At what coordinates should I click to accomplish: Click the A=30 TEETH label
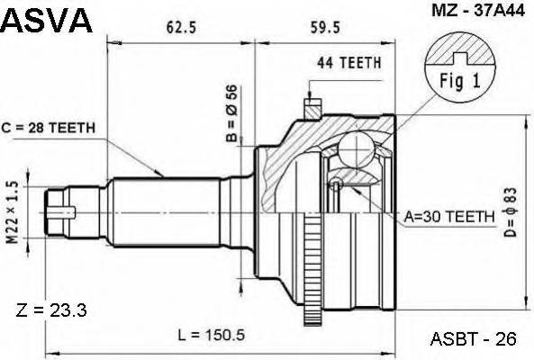(449, 216)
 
